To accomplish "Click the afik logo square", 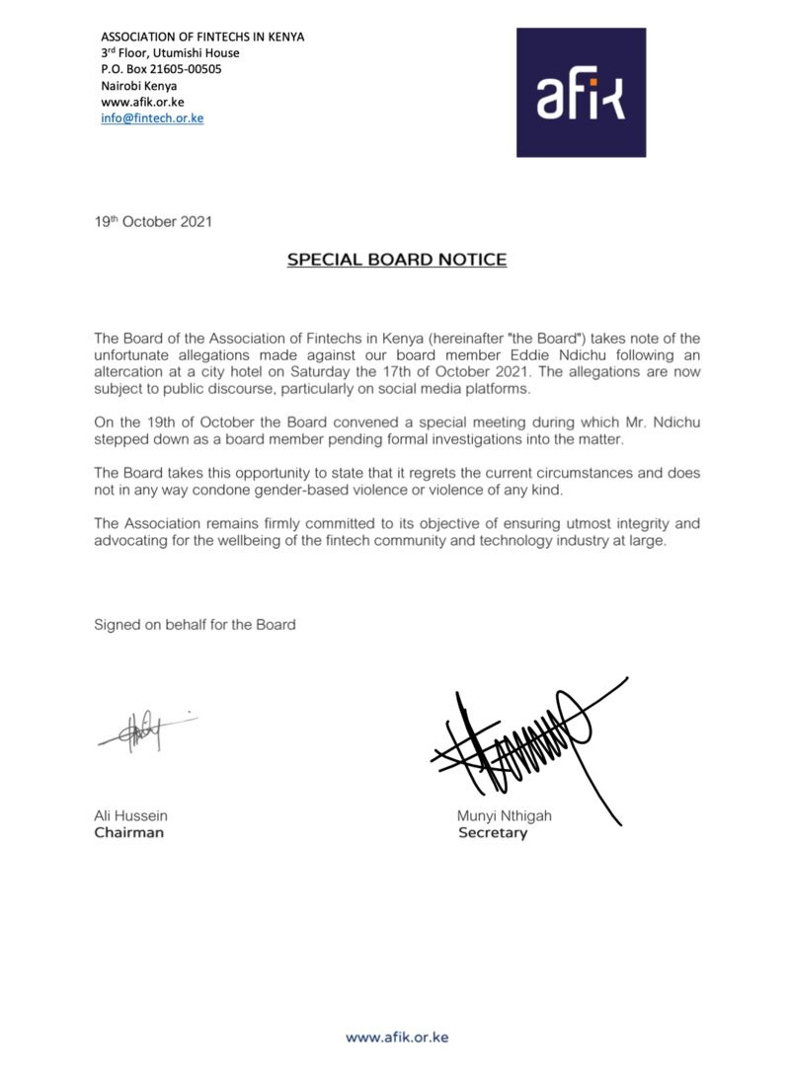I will (x=581, y=92).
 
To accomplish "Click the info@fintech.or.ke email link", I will (x=152, y=118).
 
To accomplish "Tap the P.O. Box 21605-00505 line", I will (x=161, y=69).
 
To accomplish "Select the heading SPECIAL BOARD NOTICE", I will (x=396, y=261).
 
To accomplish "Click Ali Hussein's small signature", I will (x=144, y=731).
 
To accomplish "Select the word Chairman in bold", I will (x=128, y=832).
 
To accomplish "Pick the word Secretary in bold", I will (x=493, y=832).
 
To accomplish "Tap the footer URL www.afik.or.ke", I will (x=396, y=1037).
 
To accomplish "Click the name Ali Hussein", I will (x=130, y=815).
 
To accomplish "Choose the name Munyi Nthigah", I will (x=504, y=815).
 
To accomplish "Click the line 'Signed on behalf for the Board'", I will (x=195, y=624).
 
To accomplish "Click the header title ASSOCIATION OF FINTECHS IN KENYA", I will (x=202, y=37).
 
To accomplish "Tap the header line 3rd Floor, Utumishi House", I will (x=170, y=53).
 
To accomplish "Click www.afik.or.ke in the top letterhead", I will (x=142, y=102).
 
